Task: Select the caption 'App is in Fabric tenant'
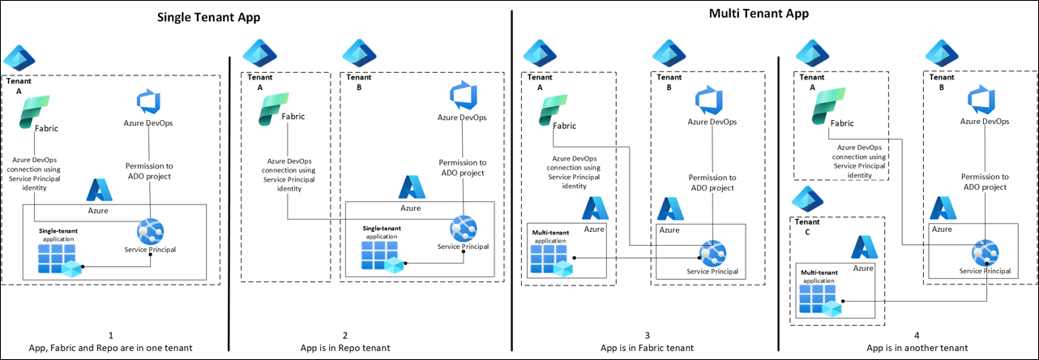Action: [647, 348]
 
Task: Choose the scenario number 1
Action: [111, 335]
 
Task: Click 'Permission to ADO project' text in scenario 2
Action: [462, 168]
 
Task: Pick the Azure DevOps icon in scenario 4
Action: [984, 101]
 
